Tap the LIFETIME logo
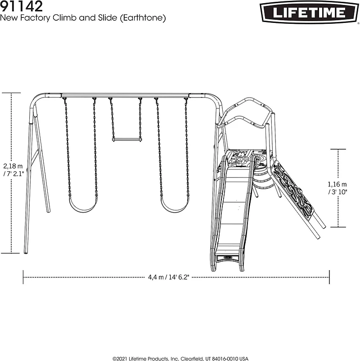[x=308, y=12]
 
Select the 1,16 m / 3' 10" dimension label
[x=338, y=188]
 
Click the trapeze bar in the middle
[x=126, y=140]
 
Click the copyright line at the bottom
[x=180, y=358]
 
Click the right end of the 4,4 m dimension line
[x=329, y=277]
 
